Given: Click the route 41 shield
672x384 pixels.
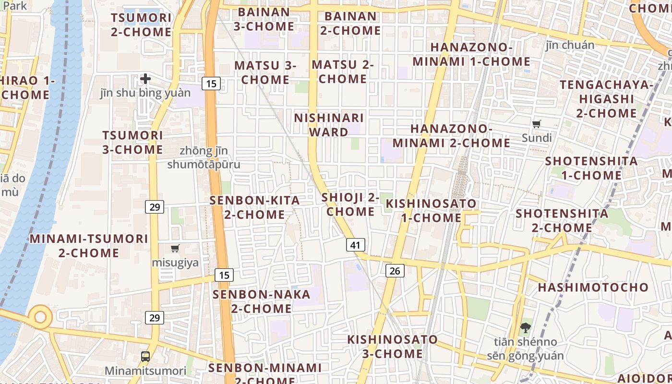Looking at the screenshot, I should pos(355,245).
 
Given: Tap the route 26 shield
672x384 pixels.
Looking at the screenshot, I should pos(395,271).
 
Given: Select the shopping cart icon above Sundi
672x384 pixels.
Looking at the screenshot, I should pos(537,124).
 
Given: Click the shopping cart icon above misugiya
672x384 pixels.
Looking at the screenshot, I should pos(175,249).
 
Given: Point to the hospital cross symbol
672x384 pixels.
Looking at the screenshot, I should pos(145,79).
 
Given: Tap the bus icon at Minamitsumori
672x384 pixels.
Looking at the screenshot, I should pos(145,356).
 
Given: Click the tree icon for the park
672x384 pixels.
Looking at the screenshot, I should pos(526,328).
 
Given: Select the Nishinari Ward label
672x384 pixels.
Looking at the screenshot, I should pos(329,125).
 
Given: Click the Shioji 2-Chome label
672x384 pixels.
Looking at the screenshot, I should pos(350,204).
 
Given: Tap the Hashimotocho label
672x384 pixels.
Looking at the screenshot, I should pos(593,288).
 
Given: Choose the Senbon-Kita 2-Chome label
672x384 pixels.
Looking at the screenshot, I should pos(254,207).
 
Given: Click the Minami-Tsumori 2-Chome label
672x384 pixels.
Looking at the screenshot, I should pos(89,245).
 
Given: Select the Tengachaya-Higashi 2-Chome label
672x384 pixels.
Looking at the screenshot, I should pos(606,99).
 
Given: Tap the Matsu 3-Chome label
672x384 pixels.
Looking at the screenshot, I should pos(265,72).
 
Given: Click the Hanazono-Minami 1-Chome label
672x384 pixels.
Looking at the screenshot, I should pos(471,54).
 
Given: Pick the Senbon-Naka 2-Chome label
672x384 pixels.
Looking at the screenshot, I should pos(262,301).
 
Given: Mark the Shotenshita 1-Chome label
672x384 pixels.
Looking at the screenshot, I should pos(591,168).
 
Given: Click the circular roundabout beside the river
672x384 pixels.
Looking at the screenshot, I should pos(40,317).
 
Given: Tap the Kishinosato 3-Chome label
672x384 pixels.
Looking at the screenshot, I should pos(393,347).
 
